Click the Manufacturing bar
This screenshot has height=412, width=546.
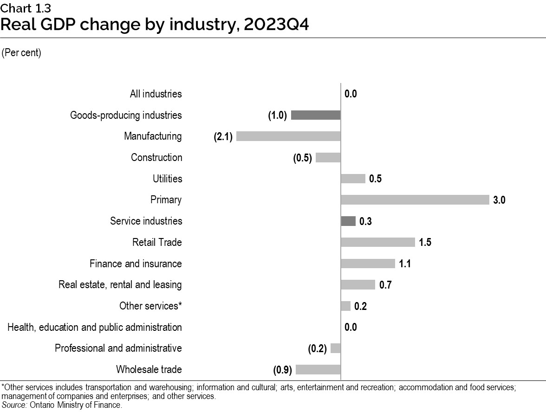pyautogui.click(x=288, y=136)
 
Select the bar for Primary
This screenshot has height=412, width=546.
pyautogui.click(x=415, y=200)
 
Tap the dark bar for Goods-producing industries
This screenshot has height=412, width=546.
pyautogui.click(x=316, y=115)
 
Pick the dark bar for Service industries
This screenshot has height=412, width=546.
pyautogui.click(x=348, y=221)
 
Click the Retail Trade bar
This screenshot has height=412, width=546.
pyautogui.click(x=377, y=242)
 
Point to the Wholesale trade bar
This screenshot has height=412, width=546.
pyautogui.click(x=318, y=370)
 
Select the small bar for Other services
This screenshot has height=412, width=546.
pyautogui.click(x=345, y=306)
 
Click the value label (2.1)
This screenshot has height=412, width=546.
pyautogui.click(x=223, y=137)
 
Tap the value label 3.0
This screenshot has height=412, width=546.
pyautogui.click(x=499, y=200)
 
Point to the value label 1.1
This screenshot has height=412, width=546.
pyautogui.click(x=404, y=264)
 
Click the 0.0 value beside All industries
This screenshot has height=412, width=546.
pyautogui.click(x=351, y=94)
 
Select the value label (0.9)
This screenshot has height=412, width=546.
pyautogui.click(x=282, y=370)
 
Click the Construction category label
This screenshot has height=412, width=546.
pyautogui.click(x=156, y=158)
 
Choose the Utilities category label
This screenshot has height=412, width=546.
pyautogui.click(x=167, y=179)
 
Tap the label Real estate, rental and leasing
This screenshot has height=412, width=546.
pyautogui.click(x=120, y=285)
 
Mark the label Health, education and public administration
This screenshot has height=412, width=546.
pyautogui.click(x=95, y=328)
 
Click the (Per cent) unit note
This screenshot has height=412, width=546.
pyautogui.click(x=21, y=53)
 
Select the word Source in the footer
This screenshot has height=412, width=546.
pyautogui.click(x=14, y=405)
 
